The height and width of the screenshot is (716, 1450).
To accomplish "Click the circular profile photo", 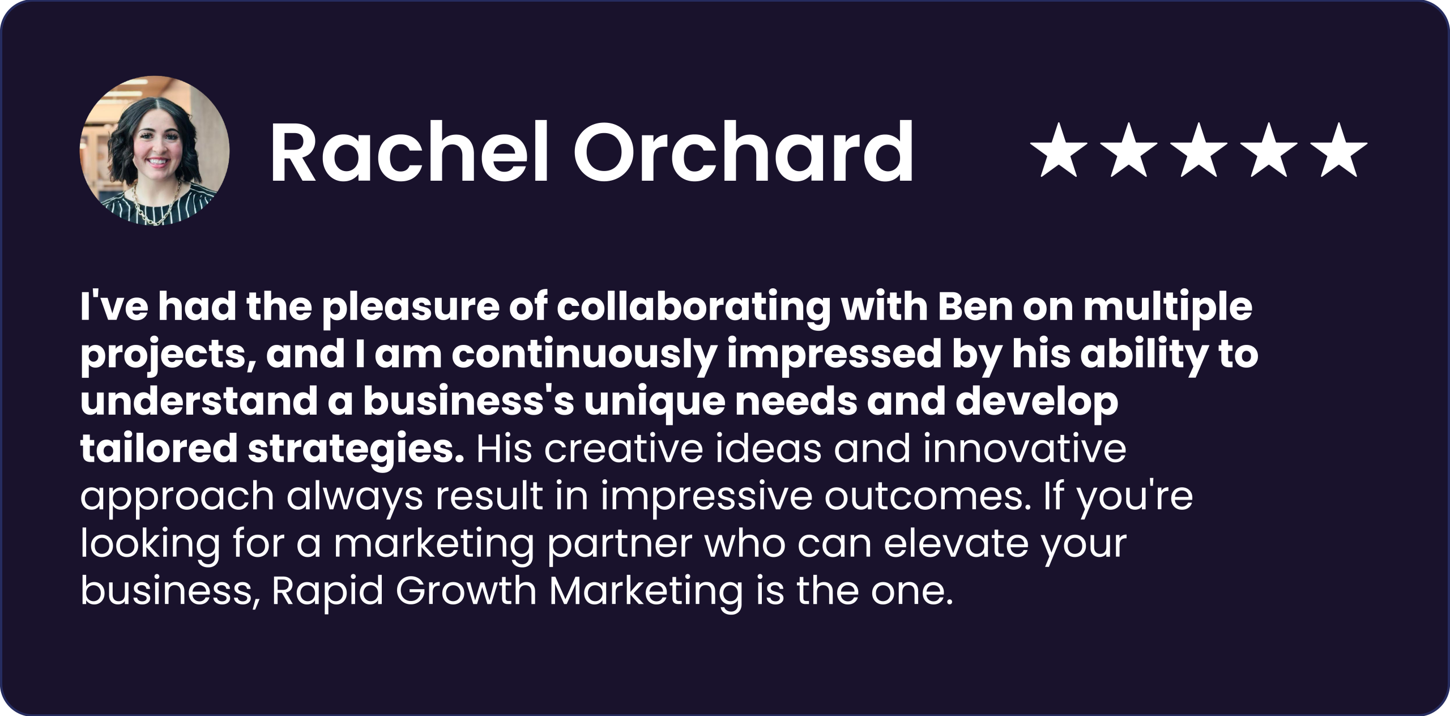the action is point(155,151).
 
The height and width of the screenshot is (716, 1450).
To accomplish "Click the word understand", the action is point(199,401).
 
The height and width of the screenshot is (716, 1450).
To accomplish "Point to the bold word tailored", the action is point(159,449).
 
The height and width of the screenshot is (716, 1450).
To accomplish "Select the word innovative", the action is point(1025,449).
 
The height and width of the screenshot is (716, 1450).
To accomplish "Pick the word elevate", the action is point(956,544).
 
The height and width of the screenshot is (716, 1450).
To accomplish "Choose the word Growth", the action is point(466,591).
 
